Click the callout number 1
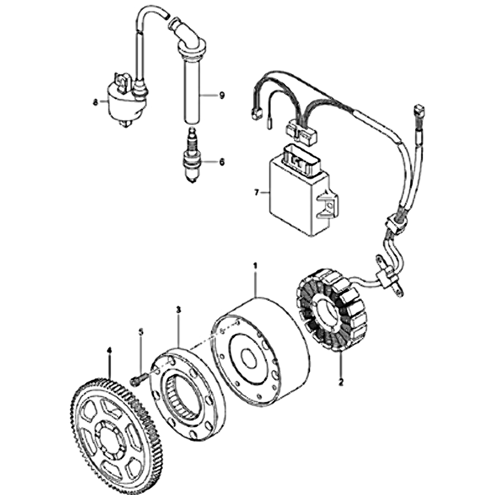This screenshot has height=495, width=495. [255, 266]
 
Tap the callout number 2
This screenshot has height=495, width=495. [341, 382]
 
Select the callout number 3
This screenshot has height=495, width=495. [179, 310]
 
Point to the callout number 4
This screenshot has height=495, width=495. [110, 350]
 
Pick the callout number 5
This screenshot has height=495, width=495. [141, 332]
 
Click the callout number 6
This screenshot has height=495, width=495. [222, 162]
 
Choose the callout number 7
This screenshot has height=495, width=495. [256, 192]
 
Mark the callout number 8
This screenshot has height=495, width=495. [95, 102]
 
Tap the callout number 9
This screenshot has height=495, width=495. [222, 95]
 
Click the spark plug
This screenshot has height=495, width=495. [191, 155]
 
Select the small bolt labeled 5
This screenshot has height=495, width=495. [138, 378]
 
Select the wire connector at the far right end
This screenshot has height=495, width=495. [420, 111]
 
